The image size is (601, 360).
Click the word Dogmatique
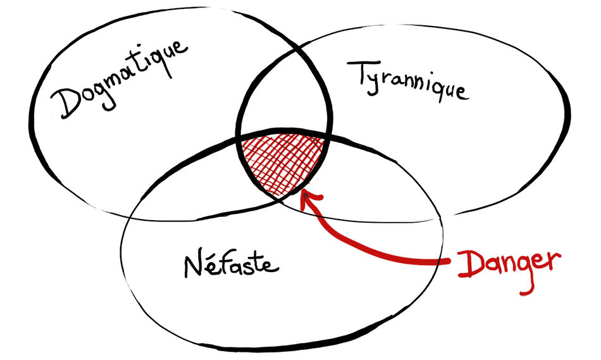click(x=120, y=78)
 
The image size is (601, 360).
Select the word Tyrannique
click(x=408, y=82)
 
